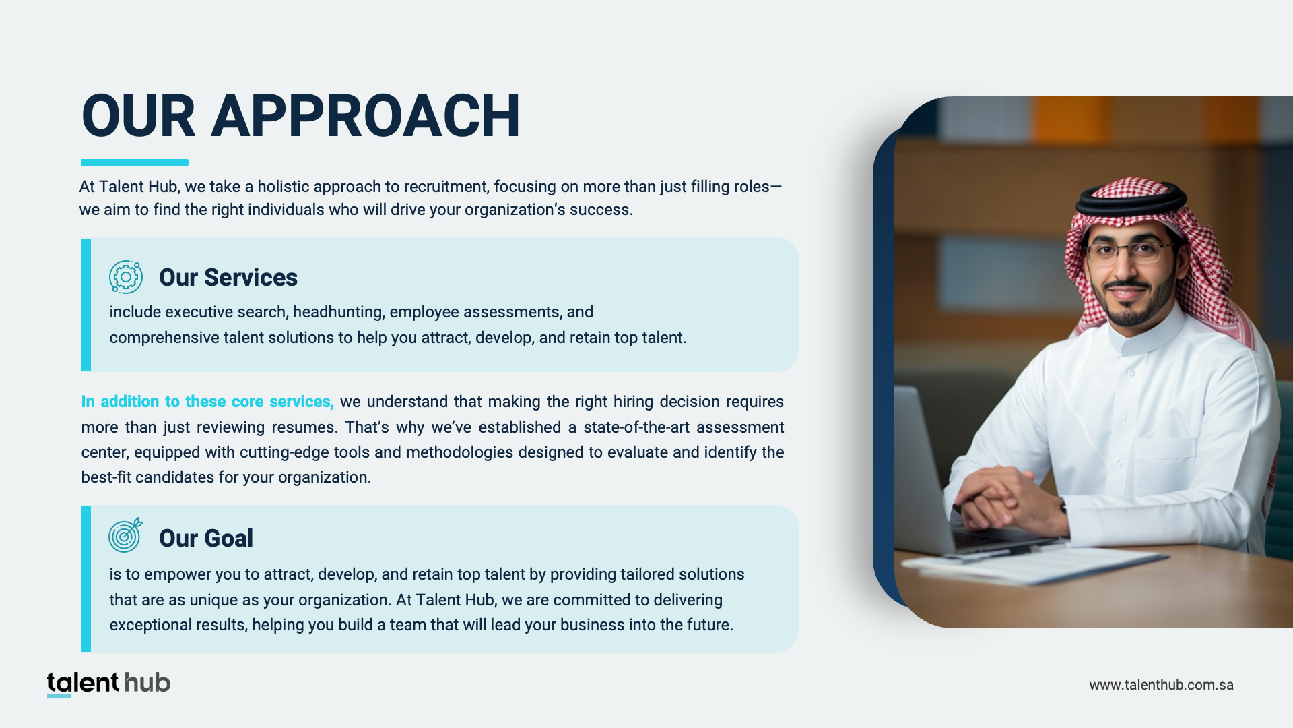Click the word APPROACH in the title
coord(366,116)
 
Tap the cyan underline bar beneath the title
coord(135,162)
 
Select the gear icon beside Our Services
coord(126,277)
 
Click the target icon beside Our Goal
coord(126,535)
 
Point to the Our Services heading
coord(228,278)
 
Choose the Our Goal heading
coord(206,539)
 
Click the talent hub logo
coord(108,684)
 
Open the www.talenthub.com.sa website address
coord(1162,685)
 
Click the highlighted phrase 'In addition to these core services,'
coord(207,402)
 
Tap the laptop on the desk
coord(950,472)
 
